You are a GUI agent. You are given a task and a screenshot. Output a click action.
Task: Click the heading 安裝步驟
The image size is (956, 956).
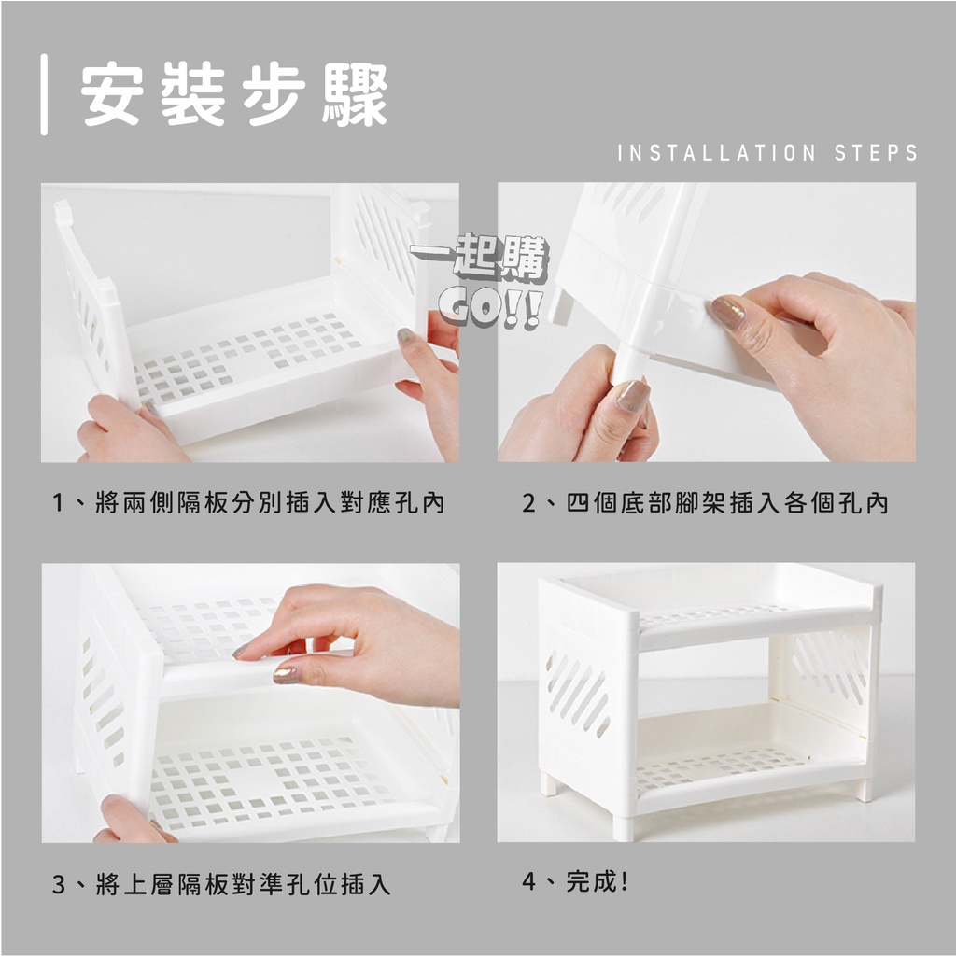click(234, 94)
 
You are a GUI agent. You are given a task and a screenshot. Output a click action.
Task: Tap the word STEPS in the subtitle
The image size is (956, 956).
click(876, 152)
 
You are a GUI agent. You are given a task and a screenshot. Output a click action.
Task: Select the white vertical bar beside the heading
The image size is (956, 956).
click(44, 94)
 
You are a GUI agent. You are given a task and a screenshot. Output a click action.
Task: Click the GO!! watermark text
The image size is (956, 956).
click(489, 310)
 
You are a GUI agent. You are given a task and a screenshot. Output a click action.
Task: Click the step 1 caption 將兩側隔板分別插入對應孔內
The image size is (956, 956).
click(270, 503)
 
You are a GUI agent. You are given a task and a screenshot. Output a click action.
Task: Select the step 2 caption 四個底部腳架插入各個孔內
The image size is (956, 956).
click(726, 503)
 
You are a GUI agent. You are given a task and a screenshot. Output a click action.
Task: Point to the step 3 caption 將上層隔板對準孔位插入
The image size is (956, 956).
click(243, 884)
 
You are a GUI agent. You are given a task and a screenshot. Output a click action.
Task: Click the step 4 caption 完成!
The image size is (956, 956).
click(597, 881)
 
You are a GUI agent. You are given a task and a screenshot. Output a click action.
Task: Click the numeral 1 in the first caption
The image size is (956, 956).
click(59, 503)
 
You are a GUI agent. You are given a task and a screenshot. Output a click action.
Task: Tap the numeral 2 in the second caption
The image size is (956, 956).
click(528, 503)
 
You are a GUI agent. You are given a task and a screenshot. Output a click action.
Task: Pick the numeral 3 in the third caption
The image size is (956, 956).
click(59, 884)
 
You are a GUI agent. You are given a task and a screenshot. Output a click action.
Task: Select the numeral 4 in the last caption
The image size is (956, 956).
click(529, 881)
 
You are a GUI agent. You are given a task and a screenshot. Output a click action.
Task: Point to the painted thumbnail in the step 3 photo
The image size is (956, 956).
click(286, 674)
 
